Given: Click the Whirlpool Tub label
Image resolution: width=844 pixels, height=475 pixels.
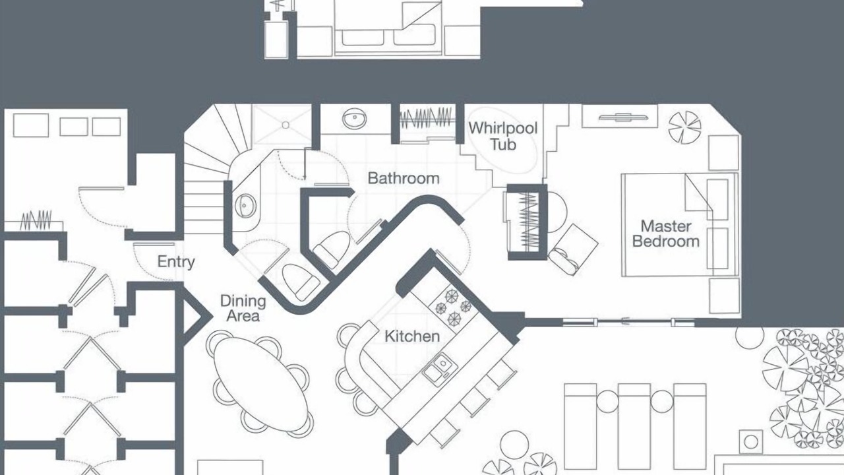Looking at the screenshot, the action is pos(503,136).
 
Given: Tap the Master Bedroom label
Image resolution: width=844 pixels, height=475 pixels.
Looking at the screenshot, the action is pos(666,234).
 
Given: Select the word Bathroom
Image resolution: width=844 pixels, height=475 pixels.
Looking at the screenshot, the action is pos(404,178).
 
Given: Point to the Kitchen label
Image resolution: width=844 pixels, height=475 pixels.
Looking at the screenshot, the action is pos(412,336).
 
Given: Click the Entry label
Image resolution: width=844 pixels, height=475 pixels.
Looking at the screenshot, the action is pos(176,262).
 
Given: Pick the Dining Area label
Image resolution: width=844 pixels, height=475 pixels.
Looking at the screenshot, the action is pos(243,308).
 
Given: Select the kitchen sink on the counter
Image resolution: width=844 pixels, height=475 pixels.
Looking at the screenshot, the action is pos(439,366).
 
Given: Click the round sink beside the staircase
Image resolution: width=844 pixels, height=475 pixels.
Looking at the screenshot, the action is pos(245,206).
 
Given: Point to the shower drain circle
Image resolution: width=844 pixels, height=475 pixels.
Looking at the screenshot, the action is pos(286,125).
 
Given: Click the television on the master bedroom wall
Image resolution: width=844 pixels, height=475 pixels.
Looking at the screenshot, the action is pos(622,117).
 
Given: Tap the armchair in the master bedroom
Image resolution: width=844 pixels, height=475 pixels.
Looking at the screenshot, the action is pos(573,249).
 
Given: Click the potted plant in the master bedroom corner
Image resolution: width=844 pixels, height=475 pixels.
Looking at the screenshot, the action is pos(684,127).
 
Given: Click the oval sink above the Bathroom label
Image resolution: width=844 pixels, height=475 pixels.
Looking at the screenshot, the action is pos(354,119).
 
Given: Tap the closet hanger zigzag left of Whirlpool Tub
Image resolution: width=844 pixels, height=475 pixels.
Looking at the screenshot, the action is pos(425,117).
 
